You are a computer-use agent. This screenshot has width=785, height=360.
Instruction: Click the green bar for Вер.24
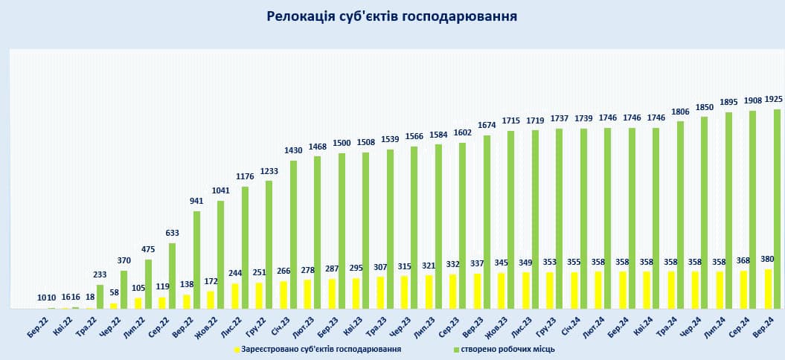point(777,209)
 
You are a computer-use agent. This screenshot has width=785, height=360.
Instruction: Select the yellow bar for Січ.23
point(283,295)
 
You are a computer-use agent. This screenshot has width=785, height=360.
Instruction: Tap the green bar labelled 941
point(196,260)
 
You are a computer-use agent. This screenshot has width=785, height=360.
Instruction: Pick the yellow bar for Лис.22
point(235,296)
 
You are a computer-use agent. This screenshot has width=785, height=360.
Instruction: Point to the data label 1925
point(773,99)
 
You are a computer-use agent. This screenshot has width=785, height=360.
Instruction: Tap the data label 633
point(173,232)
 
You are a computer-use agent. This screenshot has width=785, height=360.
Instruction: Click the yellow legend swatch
point(237,349)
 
